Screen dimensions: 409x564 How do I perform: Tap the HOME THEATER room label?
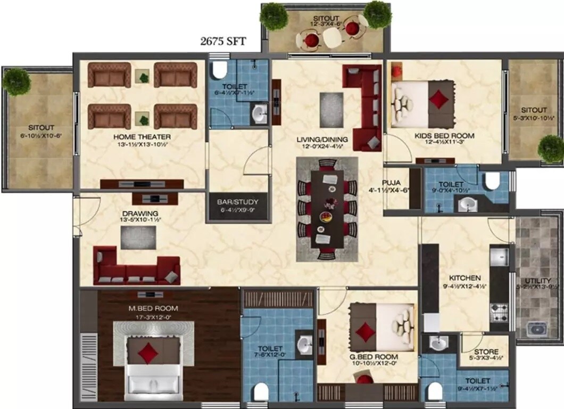pos(142,137)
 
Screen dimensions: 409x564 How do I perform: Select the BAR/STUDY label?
pos(237,202)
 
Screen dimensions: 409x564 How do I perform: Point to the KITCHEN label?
pos(465,278)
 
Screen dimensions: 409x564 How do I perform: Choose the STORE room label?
pos(486,352)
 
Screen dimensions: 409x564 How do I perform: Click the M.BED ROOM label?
pos(153,308)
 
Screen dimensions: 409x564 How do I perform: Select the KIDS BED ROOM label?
pos(444,136)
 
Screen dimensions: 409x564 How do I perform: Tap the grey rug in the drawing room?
pos(138,238)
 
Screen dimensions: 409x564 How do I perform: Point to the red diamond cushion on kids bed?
pos(439,99)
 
